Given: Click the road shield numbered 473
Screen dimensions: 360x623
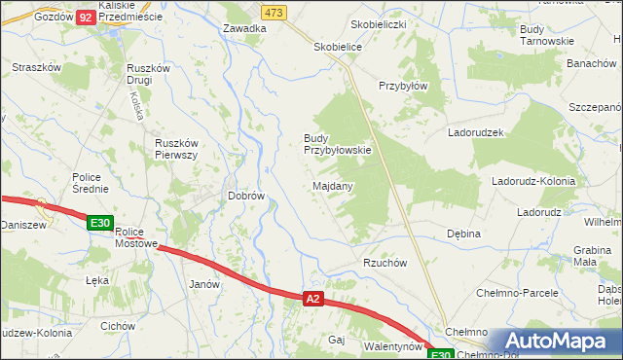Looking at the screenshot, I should pos(274,12).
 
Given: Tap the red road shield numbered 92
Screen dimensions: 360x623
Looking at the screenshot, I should pos(85,18).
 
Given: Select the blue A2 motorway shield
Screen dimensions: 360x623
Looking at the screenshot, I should pos(311,300).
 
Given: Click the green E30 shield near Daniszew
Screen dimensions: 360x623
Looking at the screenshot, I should pos(100,223).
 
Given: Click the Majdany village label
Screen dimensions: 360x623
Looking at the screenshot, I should pos(333,185).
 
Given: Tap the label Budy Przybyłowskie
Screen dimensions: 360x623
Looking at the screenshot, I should pos(338,144).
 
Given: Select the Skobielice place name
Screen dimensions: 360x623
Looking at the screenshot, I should pos(338,46).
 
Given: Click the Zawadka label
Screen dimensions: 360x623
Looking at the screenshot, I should pos(244,28).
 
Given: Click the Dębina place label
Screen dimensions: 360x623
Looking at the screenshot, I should pos(463,234).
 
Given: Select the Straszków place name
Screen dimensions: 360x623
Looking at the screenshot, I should pos(36,67).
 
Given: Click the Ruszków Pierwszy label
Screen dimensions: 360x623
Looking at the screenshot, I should pos(177,149).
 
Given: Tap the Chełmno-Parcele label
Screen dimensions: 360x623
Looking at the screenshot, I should pos(517,292).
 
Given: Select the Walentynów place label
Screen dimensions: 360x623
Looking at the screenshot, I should pos(392,345).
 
